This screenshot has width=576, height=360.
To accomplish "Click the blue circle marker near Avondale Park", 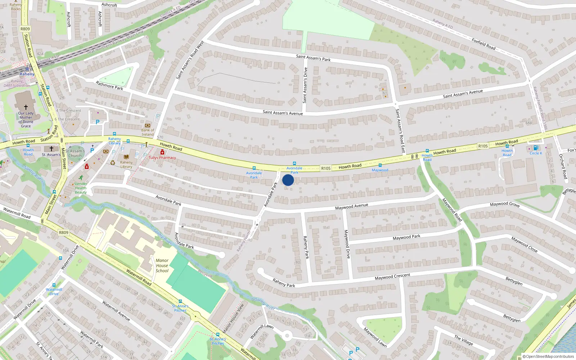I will [x=288, y=180].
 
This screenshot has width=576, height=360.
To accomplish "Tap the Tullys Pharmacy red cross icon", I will [x=162, y=153].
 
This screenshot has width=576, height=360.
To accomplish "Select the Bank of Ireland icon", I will [x=147, y=125].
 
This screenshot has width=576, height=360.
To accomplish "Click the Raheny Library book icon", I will [x=126, y=157].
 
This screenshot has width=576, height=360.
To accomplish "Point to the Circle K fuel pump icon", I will [x=536, y=148].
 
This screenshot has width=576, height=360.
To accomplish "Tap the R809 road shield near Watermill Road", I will [x=63, y=233].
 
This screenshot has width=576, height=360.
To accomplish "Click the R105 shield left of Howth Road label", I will [x=326, y=168].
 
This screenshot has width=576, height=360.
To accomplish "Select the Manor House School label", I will [x=162, y=265].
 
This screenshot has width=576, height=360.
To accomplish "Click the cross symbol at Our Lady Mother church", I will [x=26, y=107].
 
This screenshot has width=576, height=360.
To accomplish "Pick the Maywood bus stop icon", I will [x=380, y=165].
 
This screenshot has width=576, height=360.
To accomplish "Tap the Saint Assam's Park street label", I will [x=313, y=58].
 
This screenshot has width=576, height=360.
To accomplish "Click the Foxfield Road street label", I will [x=483, y=44].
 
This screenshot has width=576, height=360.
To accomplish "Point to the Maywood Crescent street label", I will [x=392, y=276].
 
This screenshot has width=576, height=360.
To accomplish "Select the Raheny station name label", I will [x=27, y=74].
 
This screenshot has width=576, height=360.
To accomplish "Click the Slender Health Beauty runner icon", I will [x=81, y=177].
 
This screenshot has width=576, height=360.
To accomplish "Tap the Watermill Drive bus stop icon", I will [x=54, y=285].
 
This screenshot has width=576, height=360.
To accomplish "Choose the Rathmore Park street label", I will [x=109, y=85].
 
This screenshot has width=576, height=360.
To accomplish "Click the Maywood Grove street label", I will [x=505, y=204].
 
